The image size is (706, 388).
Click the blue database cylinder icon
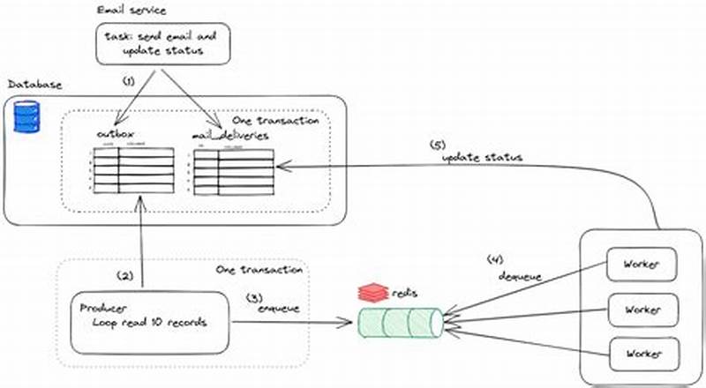click(x=27, y=116)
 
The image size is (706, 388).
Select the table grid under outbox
click(x=132, y=172)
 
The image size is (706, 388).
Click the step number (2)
click(x=127, y=275)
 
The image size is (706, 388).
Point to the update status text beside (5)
click(x=482, y=157)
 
